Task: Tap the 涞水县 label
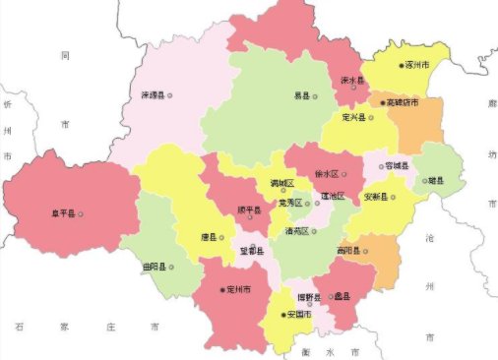coord(352,81)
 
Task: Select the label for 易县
coord(302,95)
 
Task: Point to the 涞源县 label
coord(152,95)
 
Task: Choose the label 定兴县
coord(351,117)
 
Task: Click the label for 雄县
coord(434,180)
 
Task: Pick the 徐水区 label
coord(326,173)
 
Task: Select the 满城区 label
coord(282,183)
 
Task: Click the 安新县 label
coord(378,197)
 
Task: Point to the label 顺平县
coord(250,210)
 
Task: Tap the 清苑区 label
coord(296,231)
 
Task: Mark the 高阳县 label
coord(349,251)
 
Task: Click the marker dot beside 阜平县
coord(81,213)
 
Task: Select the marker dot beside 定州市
coord(221,290)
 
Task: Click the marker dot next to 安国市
coord(282,315)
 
